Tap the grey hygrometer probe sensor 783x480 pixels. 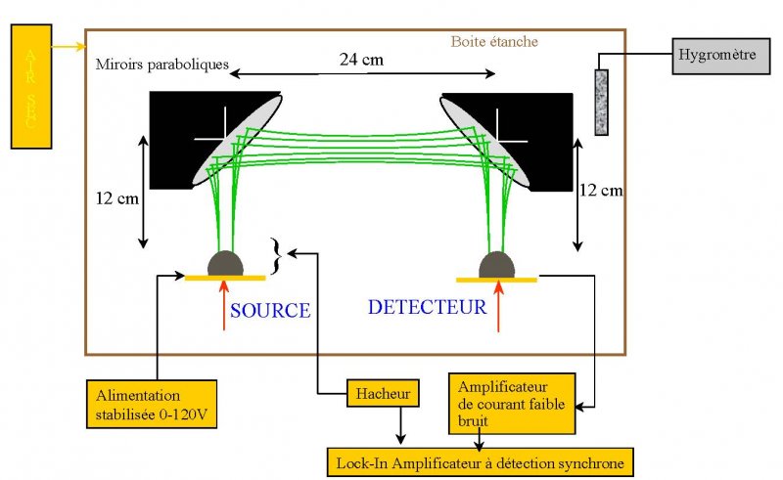(602, 102)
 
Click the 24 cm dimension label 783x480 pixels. (362, 61)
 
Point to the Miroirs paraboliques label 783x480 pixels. (162, 65)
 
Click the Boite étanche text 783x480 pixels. (494, 42)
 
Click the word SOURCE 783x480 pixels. (270, 311)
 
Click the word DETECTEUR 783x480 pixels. (427, 307)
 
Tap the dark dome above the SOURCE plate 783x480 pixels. (225, 263)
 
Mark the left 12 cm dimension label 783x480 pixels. (117, 198)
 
